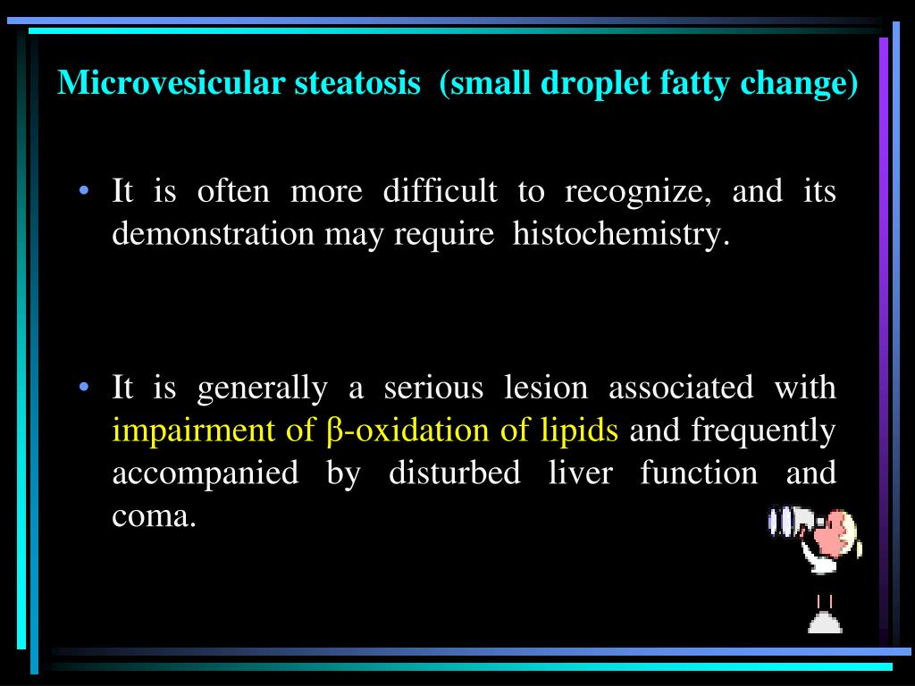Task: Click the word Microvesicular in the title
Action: point(171,82)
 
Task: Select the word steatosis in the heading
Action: point(357,82)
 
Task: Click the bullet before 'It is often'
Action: point(85,191)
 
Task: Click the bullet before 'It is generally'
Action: point(85,388)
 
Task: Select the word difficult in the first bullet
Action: point(440,191)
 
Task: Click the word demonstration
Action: point(213,234)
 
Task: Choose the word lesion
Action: point(546,388)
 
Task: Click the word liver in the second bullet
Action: point(580,472)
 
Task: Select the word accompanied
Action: point(206,473)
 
